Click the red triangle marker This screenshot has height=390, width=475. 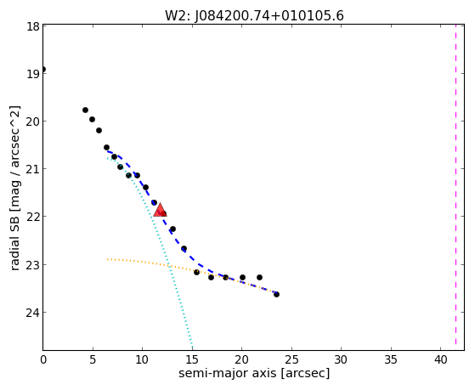coord(160,210)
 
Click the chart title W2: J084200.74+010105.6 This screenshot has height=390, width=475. coord(254,15)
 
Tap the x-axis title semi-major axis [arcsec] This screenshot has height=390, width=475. coord(254,373)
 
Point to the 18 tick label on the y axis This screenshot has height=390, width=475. coord(33,26)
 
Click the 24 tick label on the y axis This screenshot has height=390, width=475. coord(32,313)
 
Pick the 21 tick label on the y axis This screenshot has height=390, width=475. coord(33,169)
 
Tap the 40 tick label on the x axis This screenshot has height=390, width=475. coord(441,359)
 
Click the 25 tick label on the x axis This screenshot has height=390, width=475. coord(291,359)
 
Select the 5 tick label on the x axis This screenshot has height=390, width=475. coord(93,359)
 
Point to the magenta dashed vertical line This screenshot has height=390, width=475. coord(455,187)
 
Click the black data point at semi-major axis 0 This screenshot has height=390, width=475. coord(43,70)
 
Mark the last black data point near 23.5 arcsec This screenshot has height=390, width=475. coord(276,294)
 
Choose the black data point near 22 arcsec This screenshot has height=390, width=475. coord(259,277)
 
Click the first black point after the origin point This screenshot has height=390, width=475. coord(86,110)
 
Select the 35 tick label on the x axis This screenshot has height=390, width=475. coord(391,359)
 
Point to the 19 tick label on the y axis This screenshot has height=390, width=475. coord(33,74)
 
